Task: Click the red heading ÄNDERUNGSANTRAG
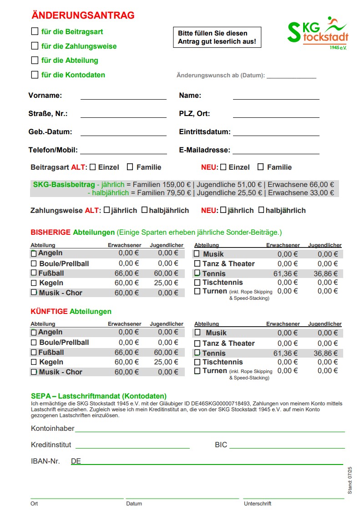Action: tap(83, 15)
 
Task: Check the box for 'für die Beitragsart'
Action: tap(35, 32)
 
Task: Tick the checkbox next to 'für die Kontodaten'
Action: tap(35, 75)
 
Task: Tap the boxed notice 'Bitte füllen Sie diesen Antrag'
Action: tap(217, 37)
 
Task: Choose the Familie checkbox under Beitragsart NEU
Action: tap(261, 167)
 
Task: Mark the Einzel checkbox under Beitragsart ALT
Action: tap(93, 167)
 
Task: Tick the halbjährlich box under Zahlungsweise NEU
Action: tap(261, 210)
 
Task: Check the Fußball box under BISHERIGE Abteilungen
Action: tap(34, 273)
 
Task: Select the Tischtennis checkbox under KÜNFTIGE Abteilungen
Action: tap(197, 362)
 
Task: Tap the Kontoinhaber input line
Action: tap(209, 429)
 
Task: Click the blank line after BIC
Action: tap(287, 445)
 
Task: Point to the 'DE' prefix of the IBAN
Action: tap(76, 461)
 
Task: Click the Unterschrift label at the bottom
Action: tap(258, 504)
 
